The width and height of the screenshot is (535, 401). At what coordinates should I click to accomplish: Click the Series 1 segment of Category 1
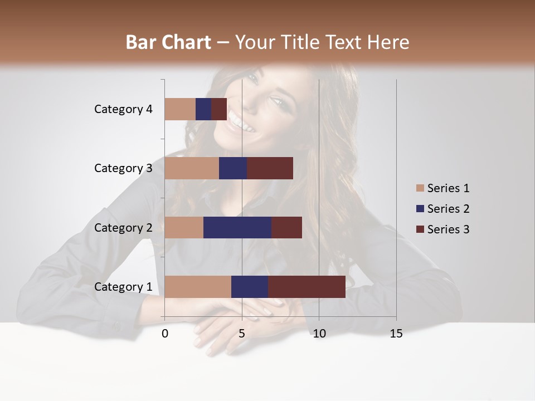coord(198,287)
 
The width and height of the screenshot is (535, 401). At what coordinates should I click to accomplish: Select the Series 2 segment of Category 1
coord(250,287)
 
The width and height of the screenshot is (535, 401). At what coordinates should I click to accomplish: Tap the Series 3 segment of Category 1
coord(307,287)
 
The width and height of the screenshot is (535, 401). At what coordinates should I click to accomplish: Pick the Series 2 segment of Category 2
coord(237,227)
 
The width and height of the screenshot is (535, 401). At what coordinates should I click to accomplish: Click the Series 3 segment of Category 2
coord(286,227)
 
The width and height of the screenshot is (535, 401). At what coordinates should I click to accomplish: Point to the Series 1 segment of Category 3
coord(192,168)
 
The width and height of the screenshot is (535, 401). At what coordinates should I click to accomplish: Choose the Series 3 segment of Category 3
coord(270,168)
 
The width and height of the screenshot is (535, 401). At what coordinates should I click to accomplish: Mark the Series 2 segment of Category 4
coord(203,109)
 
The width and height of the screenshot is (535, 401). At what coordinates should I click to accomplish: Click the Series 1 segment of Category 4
coord(180,109)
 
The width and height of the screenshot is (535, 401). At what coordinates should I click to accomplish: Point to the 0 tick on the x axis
coord(165,334)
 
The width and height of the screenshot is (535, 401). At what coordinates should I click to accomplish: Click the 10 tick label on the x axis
coord(319,334)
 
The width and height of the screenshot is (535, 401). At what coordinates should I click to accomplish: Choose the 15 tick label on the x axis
coord(396,334)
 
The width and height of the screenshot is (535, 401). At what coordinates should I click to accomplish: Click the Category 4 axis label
coord(123,109)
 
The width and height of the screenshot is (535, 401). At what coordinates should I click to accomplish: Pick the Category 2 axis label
coord(123,227)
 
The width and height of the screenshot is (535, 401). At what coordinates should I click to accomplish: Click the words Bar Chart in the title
coord(168,42)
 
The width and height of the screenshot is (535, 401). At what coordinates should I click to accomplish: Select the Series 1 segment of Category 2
coord(184,227)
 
